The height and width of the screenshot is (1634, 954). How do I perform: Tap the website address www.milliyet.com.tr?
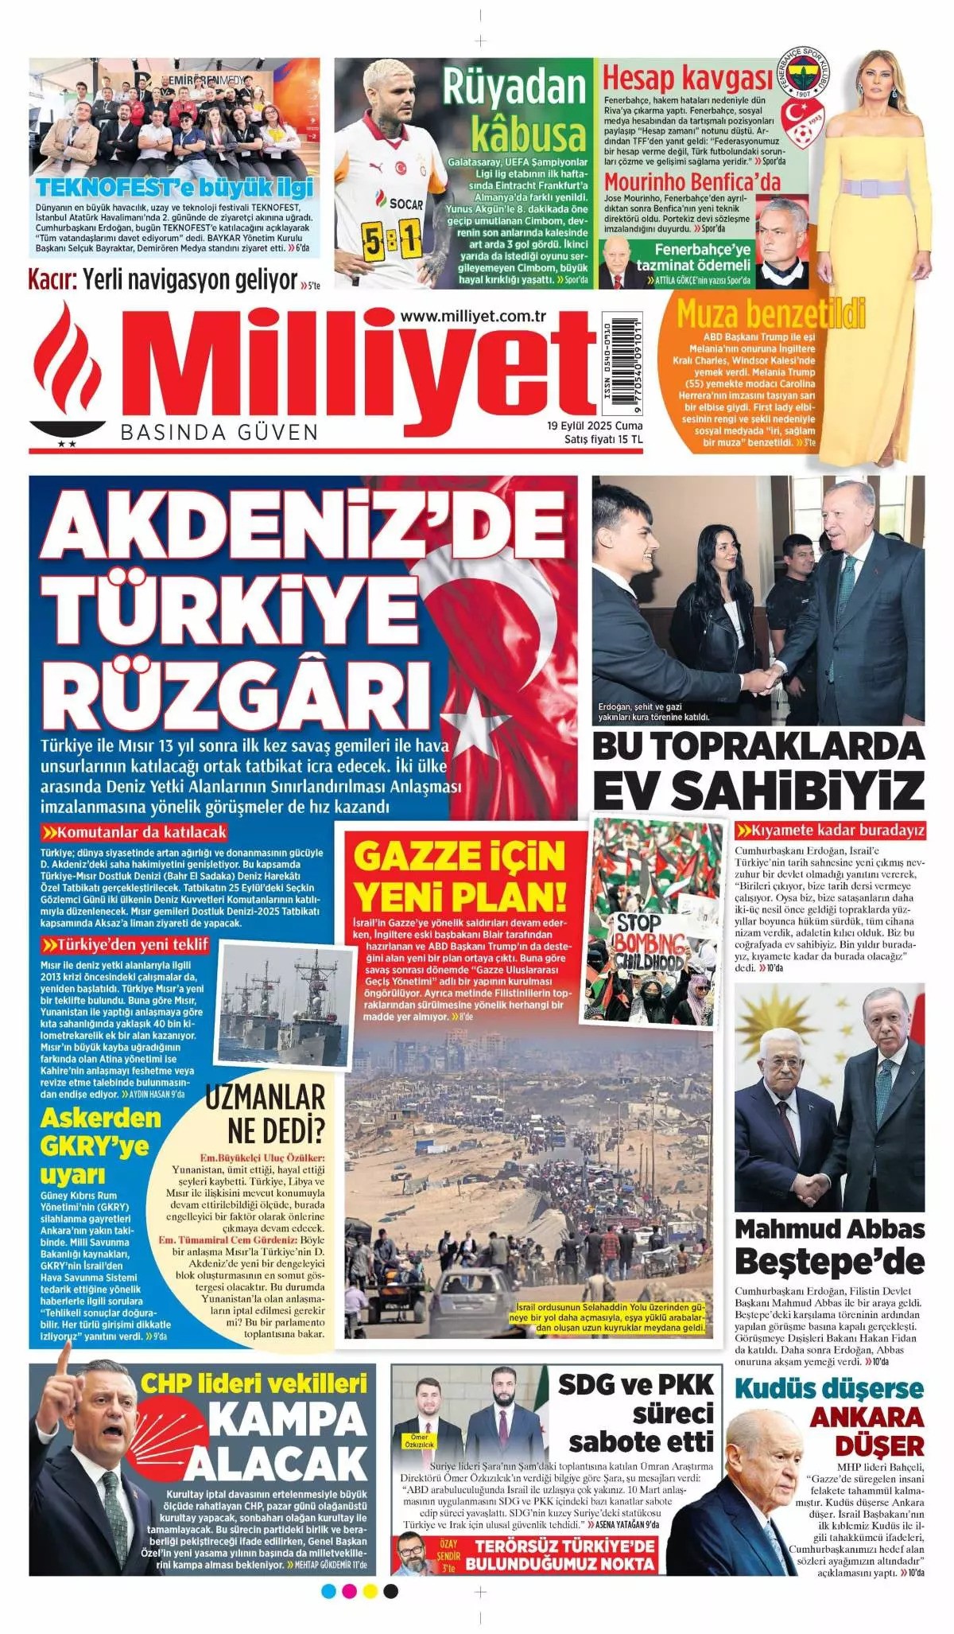coord(473,316)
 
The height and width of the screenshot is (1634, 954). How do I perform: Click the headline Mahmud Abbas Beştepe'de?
coord(829,1245)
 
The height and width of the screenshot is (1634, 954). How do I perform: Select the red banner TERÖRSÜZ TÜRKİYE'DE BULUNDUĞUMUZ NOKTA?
coord(560,1554)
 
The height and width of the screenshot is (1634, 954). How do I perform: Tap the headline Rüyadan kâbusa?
coord(515,111)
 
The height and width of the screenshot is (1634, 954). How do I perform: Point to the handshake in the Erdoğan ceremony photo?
coord(762,679)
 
